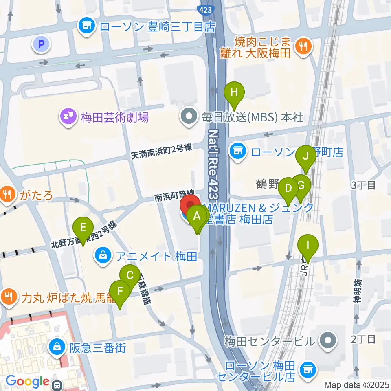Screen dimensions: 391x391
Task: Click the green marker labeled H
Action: (234, 92)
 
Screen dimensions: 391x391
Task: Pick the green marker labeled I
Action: (308, 246)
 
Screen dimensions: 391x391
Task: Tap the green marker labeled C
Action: (130, 276)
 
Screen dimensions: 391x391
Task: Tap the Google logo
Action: (27, 382)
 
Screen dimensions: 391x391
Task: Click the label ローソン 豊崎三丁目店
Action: (157, 27)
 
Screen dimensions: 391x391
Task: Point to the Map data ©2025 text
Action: (357, 385)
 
